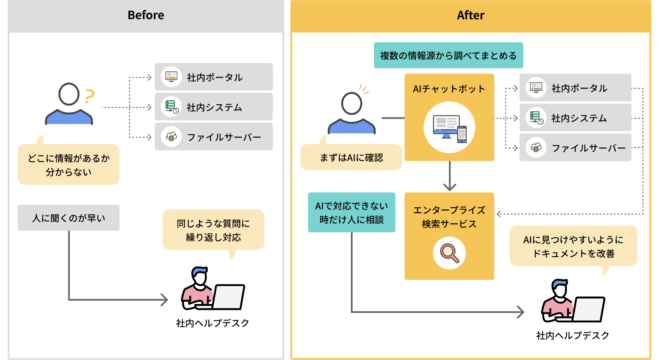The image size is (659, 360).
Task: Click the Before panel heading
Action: pyautogui.click(x=146, y=15)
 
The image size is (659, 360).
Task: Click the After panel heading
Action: pyautogui.click(x=470, y=15)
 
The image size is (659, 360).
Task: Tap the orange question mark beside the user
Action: pyautogui.click(x=89, y=96)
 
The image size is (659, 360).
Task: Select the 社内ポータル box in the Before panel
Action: pyautogui.click(x=213, y=77)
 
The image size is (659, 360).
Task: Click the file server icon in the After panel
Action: pyautogui.click(x=536, y=148)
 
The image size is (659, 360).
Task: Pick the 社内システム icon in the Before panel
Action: pyautogui.click(x=171, y=107)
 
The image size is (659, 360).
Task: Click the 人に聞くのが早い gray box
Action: pyautogui.click(x=69, y=218)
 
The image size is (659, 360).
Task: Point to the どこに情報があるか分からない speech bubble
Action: pyautogui.click(x=69, y=165)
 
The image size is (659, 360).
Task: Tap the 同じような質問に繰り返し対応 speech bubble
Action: pyautogui.click(x=213, y=230)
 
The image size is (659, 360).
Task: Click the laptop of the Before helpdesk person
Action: pyautogui.click(x=229, y=297)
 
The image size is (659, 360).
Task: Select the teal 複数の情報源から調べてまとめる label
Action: pyautogui.click(x=448, y=56)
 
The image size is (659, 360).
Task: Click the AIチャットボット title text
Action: pyautogui.click(x=449, y=89)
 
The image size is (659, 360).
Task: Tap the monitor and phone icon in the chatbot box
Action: pyautogui.click(x=449, y=128)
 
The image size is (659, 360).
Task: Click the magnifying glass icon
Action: pyautogui.click(x=449, y=253)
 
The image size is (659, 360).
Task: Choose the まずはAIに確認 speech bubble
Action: pyautogui.click(x=351, y=158)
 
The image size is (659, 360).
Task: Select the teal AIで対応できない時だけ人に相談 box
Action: pyautogui.click(x=351, y=213)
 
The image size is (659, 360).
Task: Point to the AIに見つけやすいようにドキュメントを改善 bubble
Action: pyautogui.click(x=573, y=246)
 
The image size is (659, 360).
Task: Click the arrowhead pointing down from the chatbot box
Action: pyautogui.click(x=449, y=187)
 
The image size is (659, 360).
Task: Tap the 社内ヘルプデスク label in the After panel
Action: pyautogui.click(x=572, y=335)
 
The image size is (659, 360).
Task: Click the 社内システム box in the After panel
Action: pyautogui.click(x=575, y=118)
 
